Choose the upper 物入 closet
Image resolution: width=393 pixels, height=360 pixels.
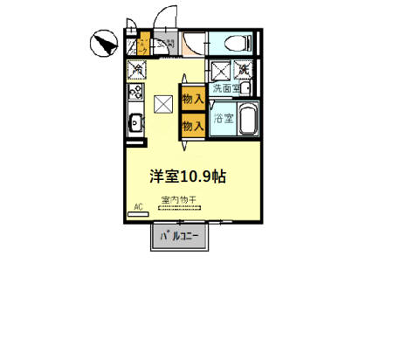tap(192, 99)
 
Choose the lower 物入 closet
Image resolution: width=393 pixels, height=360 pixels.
tap(192, 125)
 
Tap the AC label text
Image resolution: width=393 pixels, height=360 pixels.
tap(137, 208)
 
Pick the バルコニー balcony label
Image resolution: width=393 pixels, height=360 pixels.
tap(181, 236)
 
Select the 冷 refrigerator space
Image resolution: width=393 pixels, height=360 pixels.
tap(138, 68)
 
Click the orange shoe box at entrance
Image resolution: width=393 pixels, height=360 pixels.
tap(143, 44)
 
